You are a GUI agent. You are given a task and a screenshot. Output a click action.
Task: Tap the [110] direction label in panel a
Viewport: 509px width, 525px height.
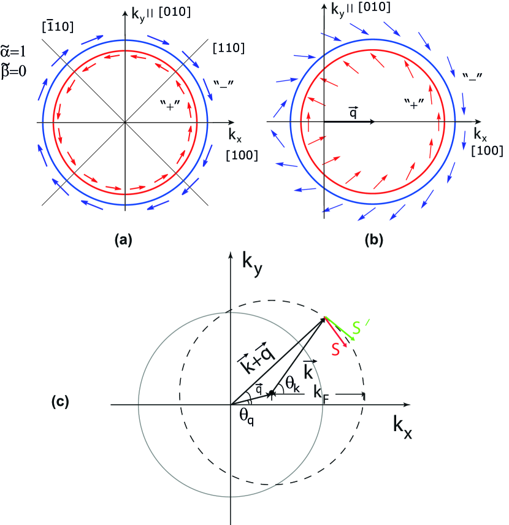(226, 47)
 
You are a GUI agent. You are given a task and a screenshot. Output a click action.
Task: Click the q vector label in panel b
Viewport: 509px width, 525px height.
(352, 112)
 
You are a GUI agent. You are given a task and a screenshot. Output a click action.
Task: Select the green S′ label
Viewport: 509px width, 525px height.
(362, 328)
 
